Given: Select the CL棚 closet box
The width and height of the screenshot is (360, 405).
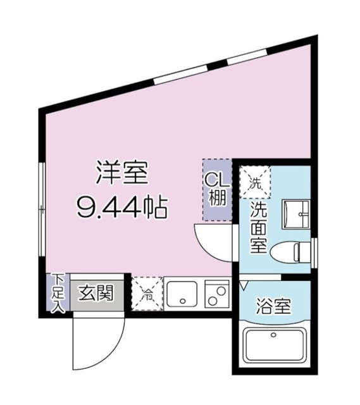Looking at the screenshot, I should pyautogui.click(x=215, y=189).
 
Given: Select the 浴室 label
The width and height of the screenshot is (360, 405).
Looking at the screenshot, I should pyautogui.click(x=273, y=308).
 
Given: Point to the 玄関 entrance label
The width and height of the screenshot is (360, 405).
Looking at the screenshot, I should pyautogui.click(x=96, y=293).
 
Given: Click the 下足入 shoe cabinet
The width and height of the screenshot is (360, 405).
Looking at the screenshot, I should pyautogui.click(x=58, y=292).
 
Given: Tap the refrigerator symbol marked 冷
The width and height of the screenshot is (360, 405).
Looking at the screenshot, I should pyautogui.click(x=146, y=293).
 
